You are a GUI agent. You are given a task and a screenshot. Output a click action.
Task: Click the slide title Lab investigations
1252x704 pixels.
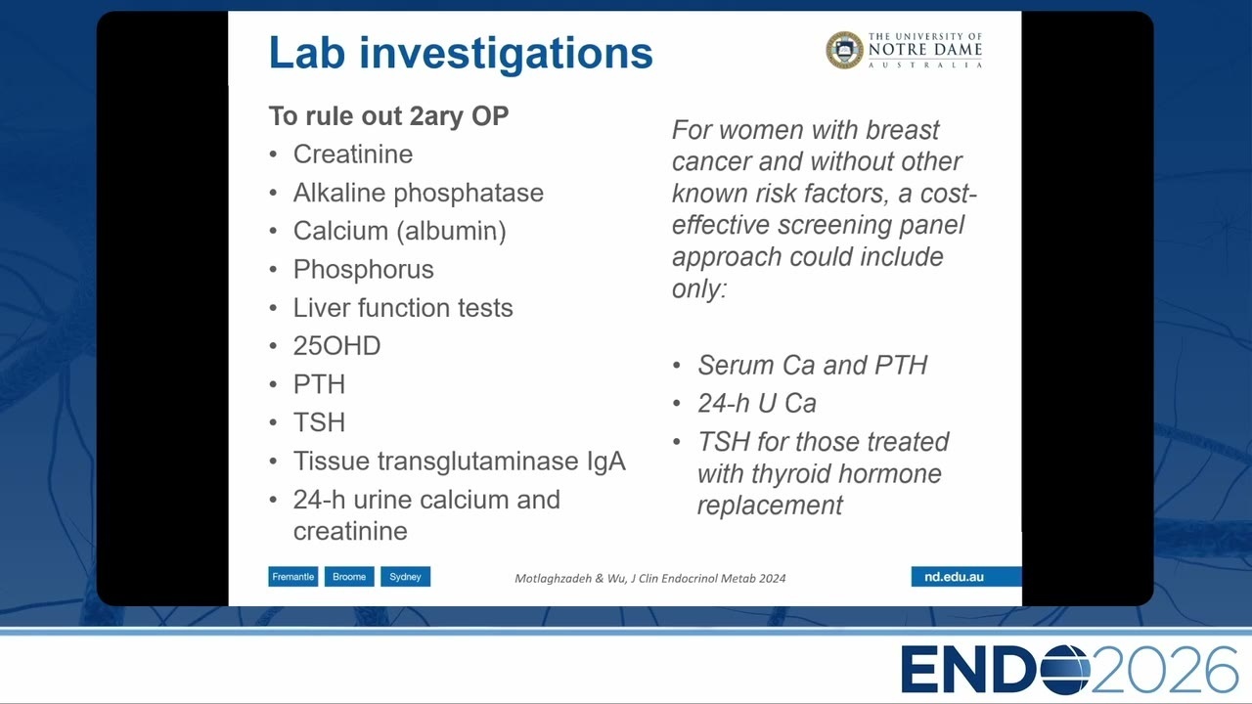tap(461, 54)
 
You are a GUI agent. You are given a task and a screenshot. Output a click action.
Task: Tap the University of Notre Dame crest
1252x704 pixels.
tap(844, 50)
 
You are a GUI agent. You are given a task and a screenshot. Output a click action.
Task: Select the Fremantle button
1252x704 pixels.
tap(292, 577)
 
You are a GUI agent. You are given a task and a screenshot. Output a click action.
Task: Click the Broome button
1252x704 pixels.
tap(349, 577)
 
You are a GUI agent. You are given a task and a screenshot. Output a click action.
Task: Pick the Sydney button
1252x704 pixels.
tap(405, 577)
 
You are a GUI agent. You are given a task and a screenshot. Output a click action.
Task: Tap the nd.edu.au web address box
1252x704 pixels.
tap(965, 577)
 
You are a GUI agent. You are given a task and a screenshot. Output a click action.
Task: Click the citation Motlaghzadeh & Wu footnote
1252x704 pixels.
tap(650, 578)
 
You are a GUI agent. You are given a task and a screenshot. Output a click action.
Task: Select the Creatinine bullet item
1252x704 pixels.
tap(353, 154)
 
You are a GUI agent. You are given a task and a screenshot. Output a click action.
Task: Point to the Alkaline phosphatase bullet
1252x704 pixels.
tap(418, 194)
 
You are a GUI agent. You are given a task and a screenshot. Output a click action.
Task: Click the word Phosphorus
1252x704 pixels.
tap(363, 270)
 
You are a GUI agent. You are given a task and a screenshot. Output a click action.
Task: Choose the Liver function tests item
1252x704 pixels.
tap(403, 308)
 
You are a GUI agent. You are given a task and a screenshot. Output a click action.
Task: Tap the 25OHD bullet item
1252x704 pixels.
tap(337, 346)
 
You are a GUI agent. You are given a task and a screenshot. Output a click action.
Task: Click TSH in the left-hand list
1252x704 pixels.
tap(319, 422)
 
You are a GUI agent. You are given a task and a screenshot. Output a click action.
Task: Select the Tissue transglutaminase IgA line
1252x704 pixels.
tap(460, 462)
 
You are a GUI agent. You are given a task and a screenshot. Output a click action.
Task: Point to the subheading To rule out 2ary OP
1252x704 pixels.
tap(388, 116)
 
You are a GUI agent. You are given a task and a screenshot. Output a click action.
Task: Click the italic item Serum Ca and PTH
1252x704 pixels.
tap(812, 366)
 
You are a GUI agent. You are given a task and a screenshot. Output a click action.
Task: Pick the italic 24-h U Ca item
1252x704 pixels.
tap(757, 404)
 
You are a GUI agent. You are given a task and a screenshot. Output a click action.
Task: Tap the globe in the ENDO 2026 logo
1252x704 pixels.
tap(1065, 670)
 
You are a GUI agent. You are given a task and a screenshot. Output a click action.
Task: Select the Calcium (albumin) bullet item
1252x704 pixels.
tap(400, 232)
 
